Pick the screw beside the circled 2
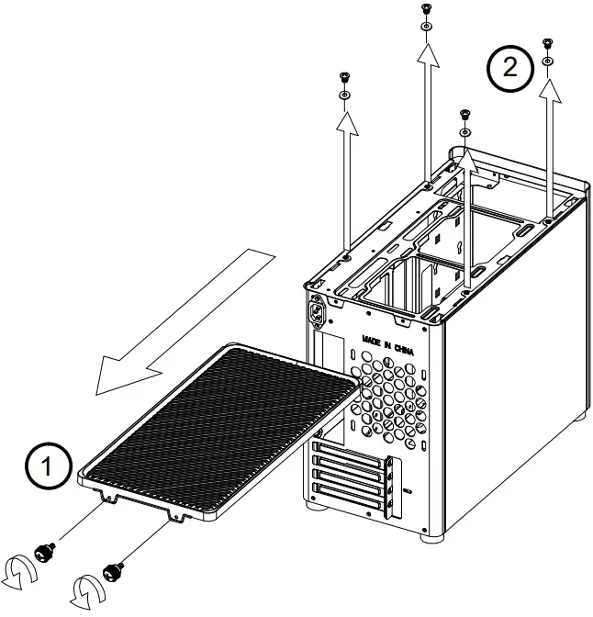[x=547, y=43]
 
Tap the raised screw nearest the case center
[x=464, y=113]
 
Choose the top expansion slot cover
[x=350, y=449]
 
